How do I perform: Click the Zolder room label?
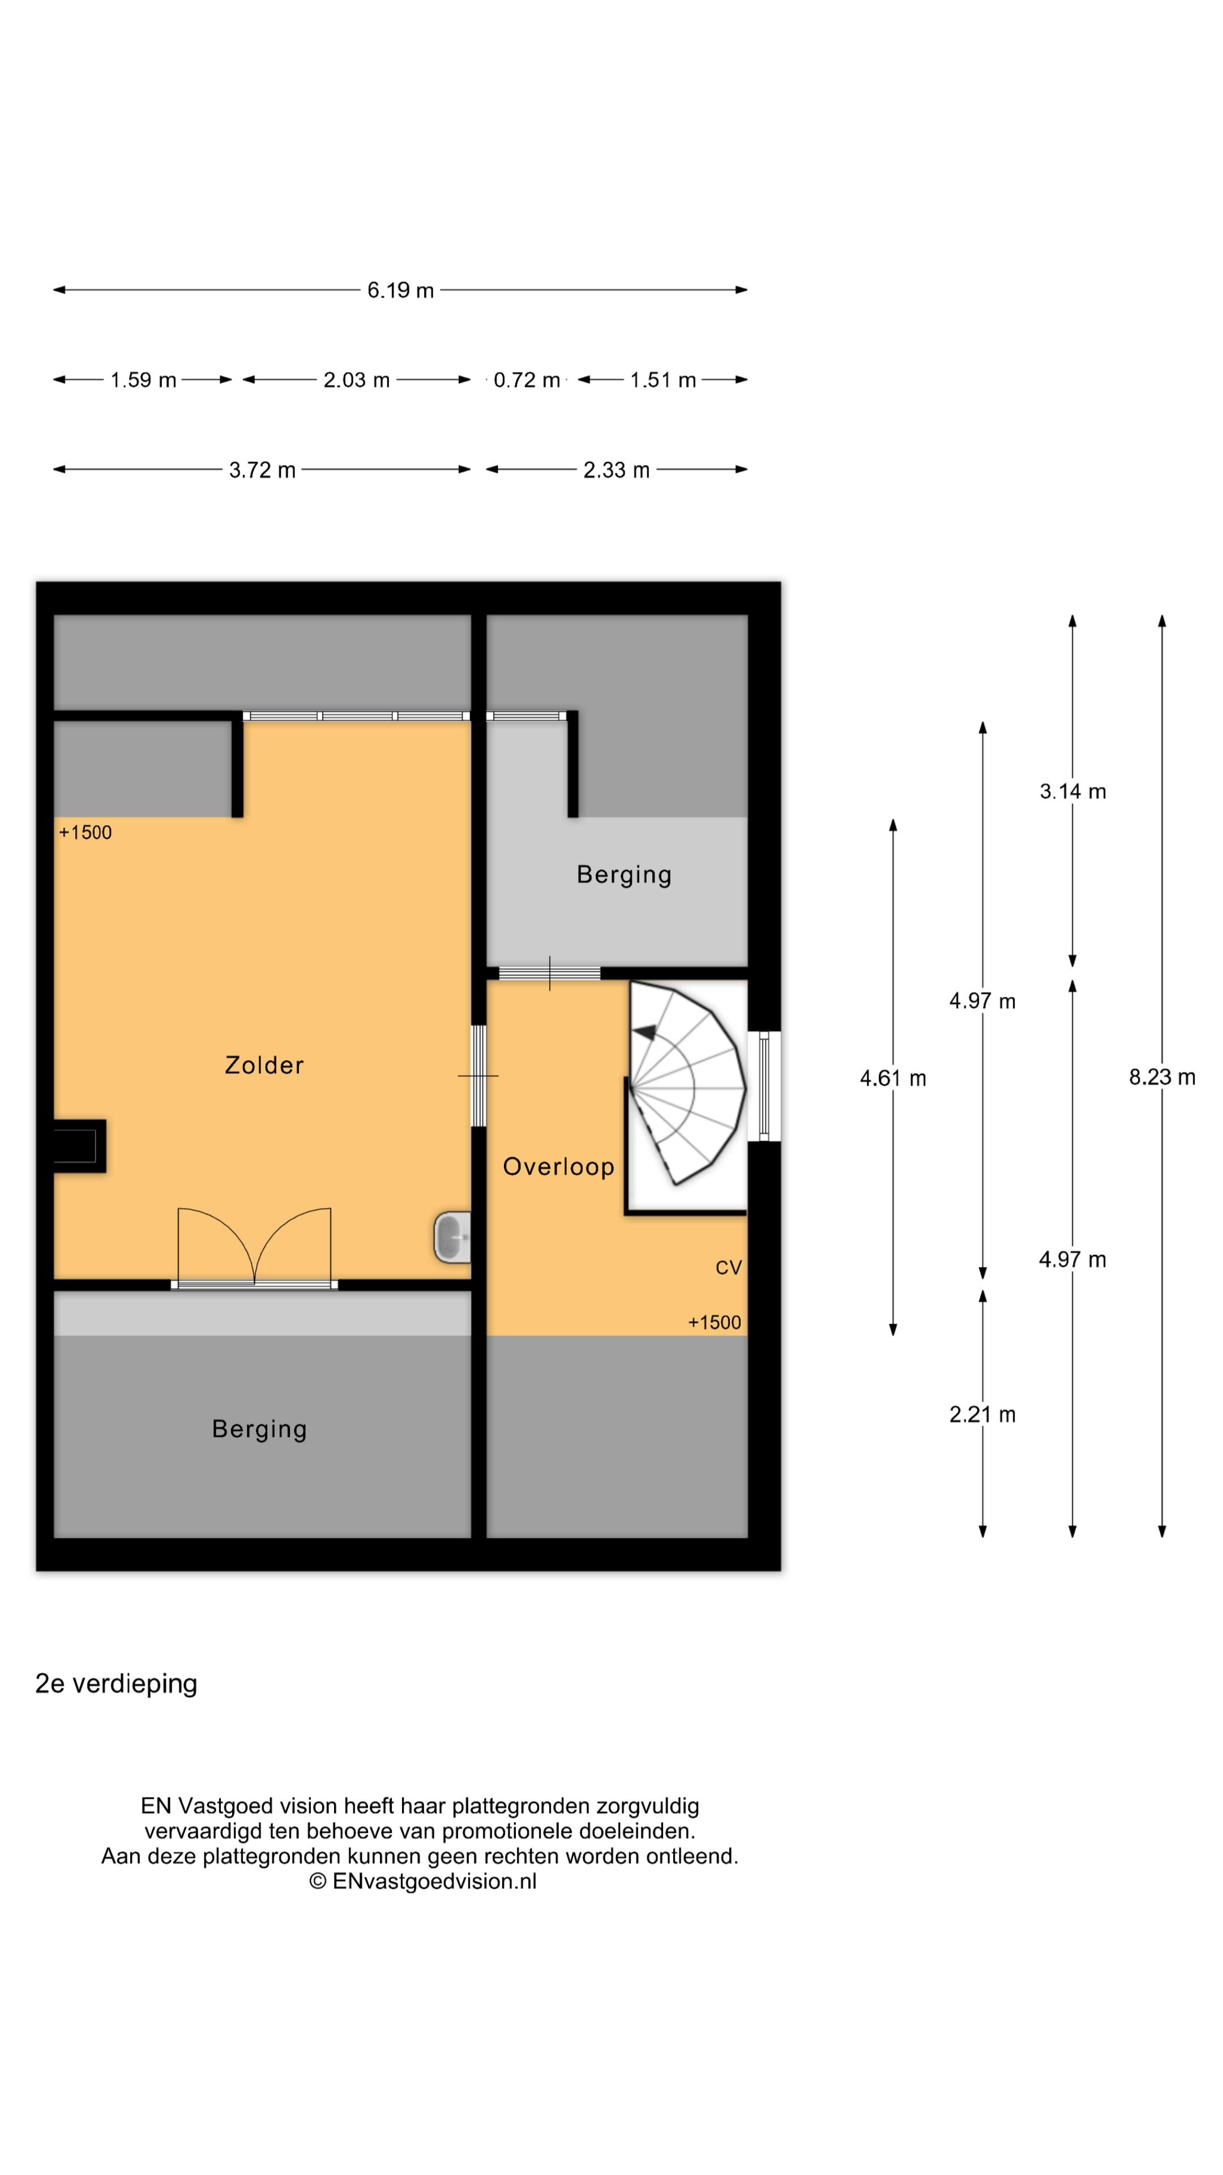click(x=263, y=1065)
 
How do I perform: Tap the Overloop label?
click(x=558, y=1166)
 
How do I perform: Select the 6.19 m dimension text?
click(x=400, y=291)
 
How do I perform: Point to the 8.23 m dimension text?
click(x=1161, y=1077)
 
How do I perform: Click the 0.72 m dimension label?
click(x=527, y=380)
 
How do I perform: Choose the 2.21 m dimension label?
click(x=982, y=1414)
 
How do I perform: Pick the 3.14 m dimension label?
click(x=1072, y=791)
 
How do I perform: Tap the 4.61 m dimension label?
click(x=892, y=1078)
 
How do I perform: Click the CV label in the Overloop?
click(x=728, y=1268)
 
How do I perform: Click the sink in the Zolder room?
click(x=452, y=1238)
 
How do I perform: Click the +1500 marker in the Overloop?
click(x=714, y=1323)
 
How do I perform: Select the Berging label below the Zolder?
click(x=259, y=1430)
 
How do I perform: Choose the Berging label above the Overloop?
click(x=624, y=875)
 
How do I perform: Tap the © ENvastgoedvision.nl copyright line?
click(x=422, y=1880)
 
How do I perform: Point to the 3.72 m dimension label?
click(x=262, y=470)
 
